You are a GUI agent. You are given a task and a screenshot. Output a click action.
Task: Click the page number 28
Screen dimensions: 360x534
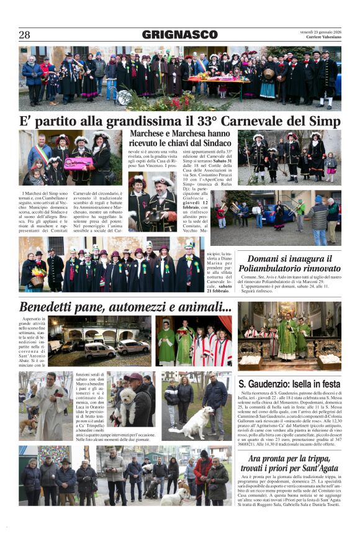coord(24,35)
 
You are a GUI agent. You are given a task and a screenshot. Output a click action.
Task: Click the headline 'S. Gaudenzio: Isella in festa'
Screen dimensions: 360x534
coord(289,384)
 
